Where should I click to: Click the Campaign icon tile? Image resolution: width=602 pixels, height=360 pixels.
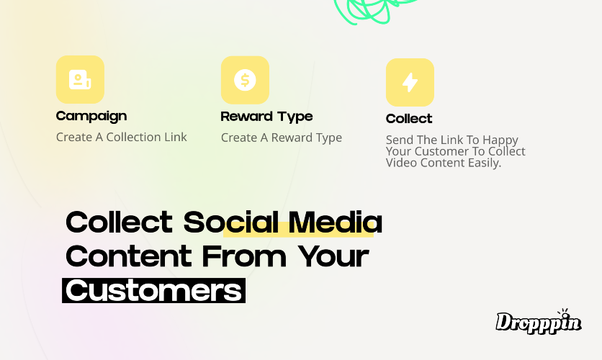click(x=80, y=79)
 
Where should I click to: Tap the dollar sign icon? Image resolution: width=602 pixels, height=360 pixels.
click(x=245, y=80)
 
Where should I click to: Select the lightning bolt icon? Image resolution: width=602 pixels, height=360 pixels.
click(x=410, y=82)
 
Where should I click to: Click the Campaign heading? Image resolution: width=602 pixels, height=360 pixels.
click(x=91, y=117)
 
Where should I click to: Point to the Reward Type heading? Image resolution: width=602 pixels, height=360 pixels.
click(x=267, y=117)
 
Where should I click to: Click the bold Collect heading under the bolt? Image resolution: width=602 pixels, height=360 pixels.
click(x=409, y=119)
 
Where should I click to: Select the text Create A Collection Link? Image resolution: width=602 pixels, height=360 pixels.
click(x=121, y=137)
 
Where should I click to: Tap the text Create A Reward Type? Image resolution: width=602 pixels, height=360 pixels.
click(x=282, y=138)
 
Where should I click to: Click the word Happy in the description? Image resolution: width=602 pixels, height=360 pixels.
click(x=500, y=140)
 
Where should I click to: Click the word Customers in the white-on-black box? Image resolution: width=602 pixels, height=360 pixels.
click(x=153, y=291)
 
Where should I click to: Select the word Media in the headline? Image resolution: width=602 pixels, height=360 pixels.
click(x=335, y=222)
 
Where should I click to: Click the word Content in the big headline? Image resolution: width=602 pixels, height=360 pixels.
click(x=129, y=256)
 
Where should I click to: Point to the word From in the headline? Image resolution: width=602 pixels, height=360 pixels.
click(x=244, y=256)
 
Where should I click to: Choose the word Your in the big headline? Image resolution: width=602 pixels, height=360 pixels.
click(x=333, y=256)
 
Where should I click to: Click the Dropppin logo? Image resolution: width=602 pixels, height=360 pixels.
click(x=539, y=321)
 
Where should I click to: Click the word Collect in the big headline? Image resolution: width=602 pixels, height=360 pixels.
click(x=120, y=222)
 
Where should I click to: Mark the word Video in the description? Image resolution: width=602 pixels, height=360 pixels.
click(x=402, y=163)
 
